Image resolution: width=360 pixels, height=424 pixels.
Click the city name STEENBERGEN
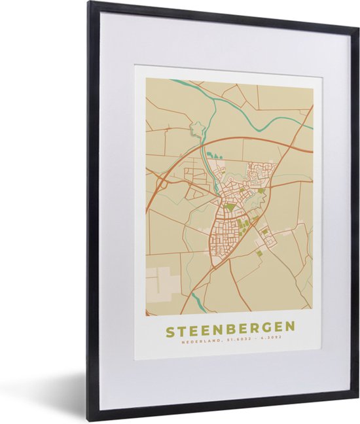[230, 330]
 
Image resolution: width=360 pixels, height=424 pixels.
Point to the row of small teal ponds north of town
[213, 156]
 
